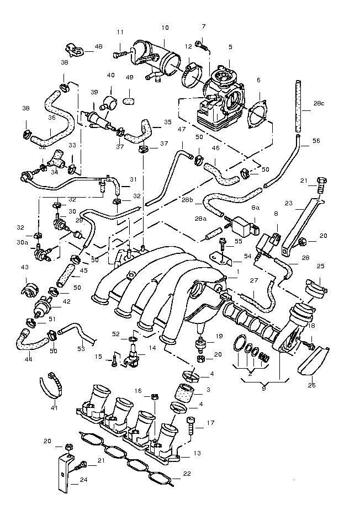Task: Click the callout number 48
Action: click(98, 47)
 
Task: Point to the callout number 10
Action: click(165, 28)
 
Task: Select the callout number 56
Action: click(316, 141)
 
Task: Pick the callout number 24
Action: click(83, 480)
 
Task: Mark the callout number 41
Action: click(54, 407)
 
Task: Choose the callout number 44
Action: click(29, 359)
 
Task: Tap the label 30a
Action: click(22, 242)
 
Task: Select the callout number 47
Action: click(181, 129)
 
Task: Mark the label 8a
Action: click(255, 208)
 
